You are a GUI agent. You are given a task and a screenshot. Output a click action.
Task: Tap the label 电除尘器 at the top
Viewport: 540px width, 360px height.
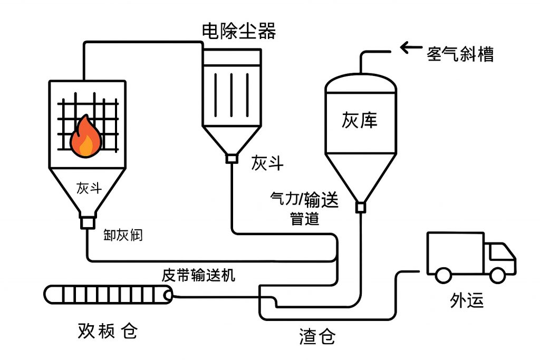(x=238, y=31)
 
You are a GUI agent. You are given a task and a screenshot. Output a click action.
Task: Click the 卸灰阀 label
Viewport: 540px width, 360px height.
(x=123, y=235)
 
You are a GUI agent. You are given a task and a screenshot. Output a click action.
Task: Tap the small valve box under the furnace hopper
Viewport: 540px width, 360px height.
(x=86, y=223)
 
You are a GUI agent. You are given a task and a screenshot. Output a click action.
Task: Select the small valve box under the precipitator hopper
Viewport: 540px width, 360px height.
(x=231, y=158)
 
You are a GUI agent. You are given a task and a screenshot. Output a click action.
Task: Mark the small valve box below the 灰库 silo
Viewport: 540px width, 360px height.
(x=360, y=208)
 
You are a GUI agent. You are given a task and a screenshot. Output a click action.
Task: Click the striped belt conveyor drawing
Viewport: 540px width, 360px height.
(x=108, y=294)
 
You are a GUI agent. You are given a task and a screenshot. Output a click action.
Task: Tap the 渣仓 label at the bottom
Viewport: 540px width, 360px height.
(x=317, y=336)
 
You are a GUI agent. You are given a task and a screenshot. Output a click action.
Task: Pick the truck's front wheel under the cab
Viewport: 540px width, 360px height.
(x=497, y=274)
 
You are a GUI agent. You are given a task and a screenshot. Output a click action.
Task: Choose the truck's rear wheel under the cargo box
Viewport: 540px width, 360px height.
(x=443, y=274)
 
